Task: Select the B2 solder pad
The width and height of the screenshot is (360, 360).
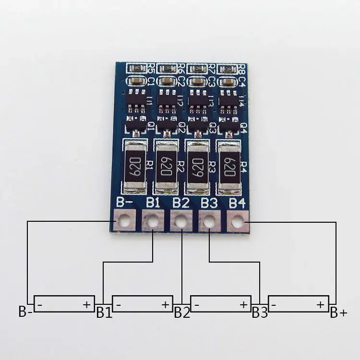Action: (x=181, y=221)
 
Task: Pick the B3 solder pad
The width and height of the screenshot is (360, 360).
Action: (x=209, y=221)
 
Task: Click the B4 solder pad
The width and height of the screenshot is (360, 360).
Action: (x=238, y=221)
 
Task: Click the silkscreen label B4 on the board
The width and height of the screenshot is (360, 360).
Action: (x=238, y=203)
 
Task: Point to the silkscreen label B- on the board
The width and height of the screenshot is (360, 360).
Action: (x=125, y=203)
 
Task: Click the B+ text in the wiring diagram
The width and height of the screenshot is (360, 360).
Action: (x=338, y=313)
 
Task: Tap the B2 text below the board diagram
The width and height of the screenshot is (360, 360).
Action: (x=182, y=313)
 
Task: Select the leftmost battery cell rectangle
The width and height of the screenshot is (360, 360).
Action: (x=64, y=304)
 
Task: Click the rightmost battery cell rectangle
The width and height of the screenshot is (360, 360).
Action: (x=299, y=304)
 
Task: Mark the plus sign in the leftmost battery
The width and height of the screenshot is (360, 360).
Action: (x=87, y=304)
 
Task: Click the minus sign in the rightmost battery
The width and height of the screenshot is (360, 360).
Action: (x=274, y=304)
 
